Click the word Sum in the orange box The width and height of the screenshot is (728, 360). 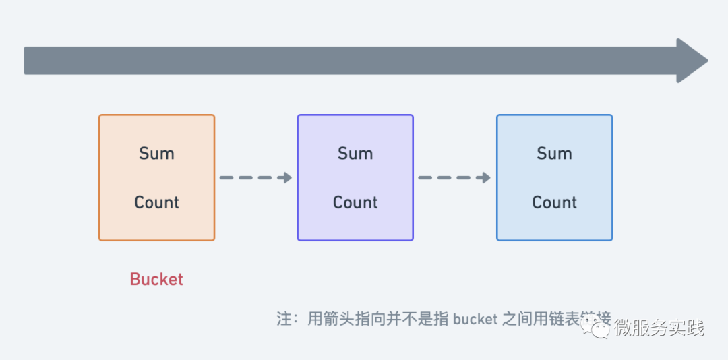coord(156,154)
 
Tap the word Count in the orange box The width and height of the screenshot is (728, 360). coord(156,202)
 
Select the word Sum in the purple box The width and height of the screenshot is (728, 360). coord(355,154)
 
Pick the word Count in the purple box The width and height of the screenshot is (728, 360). coord(355,202)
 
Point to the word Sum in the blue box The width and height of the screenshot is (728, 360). coord(554,154)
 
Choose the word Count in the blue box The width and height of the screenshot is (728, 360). coord(554,202)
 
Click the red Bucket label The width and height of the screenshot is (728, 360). coord(156,279)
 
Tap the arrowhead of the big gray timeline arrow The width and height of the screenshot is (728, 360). coord(691,61)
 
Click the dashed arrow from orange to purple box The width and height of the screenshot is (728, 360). coord(255,178)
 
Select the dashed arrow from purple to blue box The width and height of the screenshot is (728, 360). coord(454,178)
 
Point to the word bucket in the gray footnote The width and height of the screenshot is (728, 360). coord(475,319)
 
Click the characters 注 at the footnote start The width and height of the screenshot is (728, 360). coord(284,319)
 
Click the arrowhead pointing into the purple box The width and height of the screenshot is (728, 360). coord(287,178)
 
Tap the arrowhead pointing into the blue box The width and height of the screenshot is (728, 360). coord(486,178)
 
